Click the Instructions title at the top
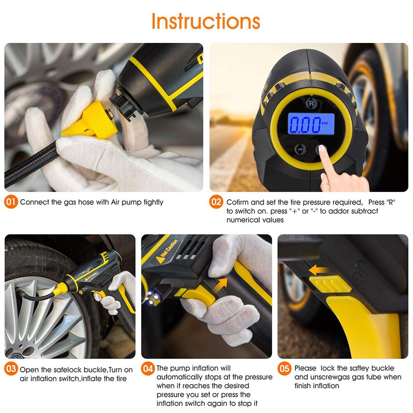[x=205, y=21]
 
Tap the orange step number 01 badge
[x=11, y=202]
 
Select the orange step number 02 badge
[x=217, y=202]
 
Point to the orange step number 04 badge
[x=148, y=368]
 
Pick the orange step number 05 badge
[x=284, y=368]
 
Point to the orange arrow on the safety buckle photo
[x=318, y=270]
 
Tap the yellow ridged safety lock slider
[x=330, y=284]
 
